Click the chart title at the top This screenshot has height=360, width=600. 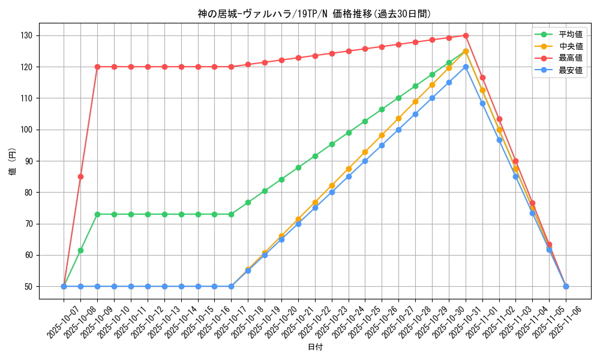(x=314, y=14)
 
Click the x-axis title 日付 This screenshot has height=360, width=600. (x=314, y=347)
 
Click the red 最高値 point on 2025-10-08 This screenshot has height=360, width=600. (x=80, y=176)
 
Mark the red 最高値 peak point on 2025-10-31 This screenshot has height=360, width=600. (x=466, y=35)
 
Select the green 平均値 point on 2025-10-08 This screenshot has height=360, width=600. (x=80, y=250)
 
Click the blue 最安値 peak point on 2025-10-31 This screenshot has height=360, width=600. (x=466, y=67)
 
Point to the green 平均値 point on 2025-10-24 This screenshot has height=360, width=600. (x=349, y=133)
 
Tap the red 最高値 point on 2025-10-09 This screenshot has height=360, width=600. (x=97, y=67)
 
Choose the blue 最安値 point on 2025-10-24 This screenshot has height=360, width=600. (x=349, y=176)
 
